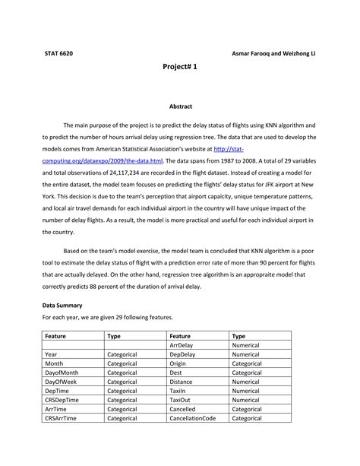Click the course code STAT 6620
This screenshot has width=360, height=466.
(58, 55)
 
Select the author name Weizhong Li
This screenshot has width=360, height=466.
(296, 55)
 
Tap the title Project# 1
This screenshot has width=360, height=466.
(180, 68)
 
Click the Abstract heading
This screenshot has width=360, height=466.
(180, 106)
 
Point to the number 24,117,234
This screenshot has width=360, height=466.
(137, 173)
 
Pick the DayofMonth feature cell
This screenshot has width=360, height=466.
(62, 372)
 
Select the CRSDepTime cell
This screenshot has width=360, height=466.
(62, 400)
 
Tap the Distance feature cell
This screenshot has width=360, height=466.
(182, 382)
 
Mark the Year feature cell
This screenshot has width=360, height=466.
(52, 354)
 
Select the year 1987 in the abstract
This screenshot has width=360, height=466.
(228, 161)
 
